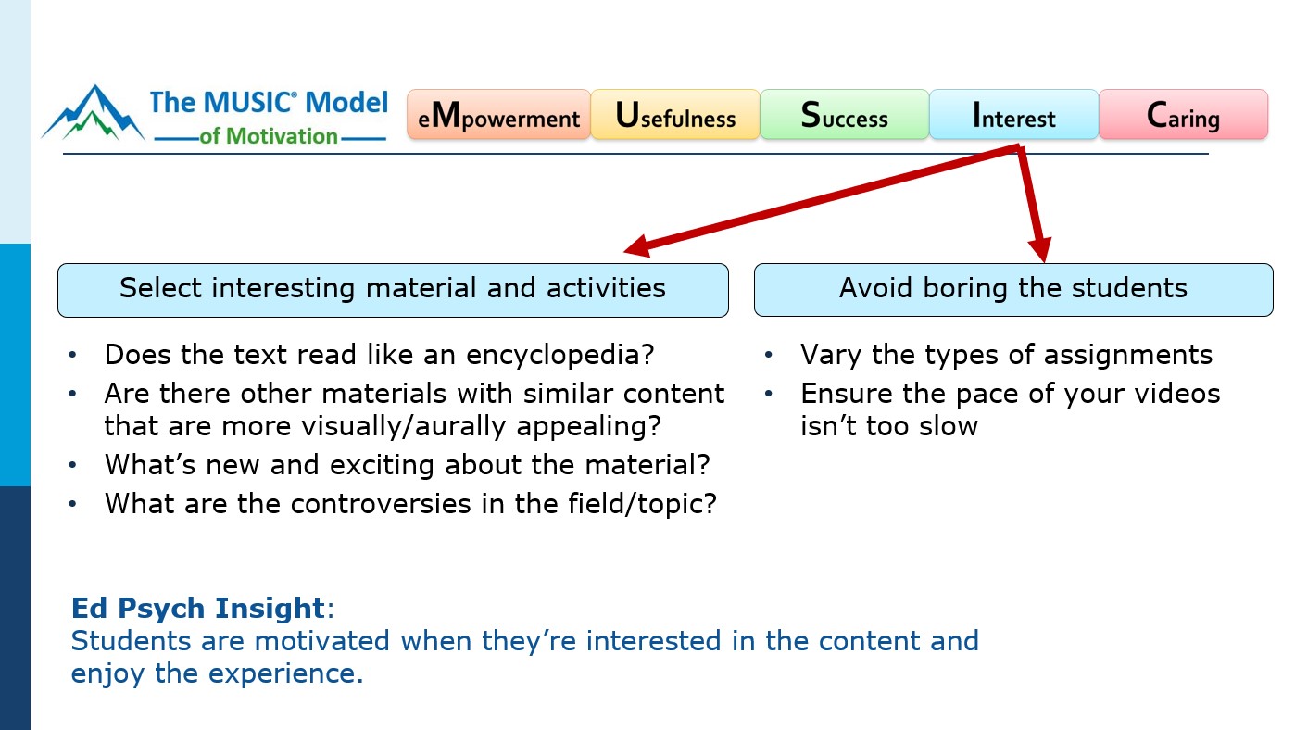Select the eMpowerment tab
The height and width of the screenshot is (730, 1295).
(498, 116)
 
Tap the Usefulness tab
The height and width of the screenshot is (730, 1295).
(675, 116)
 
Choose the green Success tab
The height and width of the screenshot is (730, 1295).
(844, 116)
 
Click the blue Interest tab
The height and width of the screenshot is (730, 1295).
(1013, 116)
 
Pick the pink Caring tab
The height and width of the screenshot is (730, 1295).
(1183, 116)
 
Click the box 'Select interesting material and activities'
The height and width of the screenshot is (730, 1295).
(393, 289)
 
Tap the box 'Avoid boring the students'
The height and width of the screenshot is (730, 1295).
(1013, 289)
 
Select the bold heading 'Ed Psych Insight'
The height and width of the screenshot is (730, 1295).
(198, 609)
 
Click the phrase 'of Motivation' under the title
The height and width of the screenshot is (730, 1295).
(269, 137)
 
